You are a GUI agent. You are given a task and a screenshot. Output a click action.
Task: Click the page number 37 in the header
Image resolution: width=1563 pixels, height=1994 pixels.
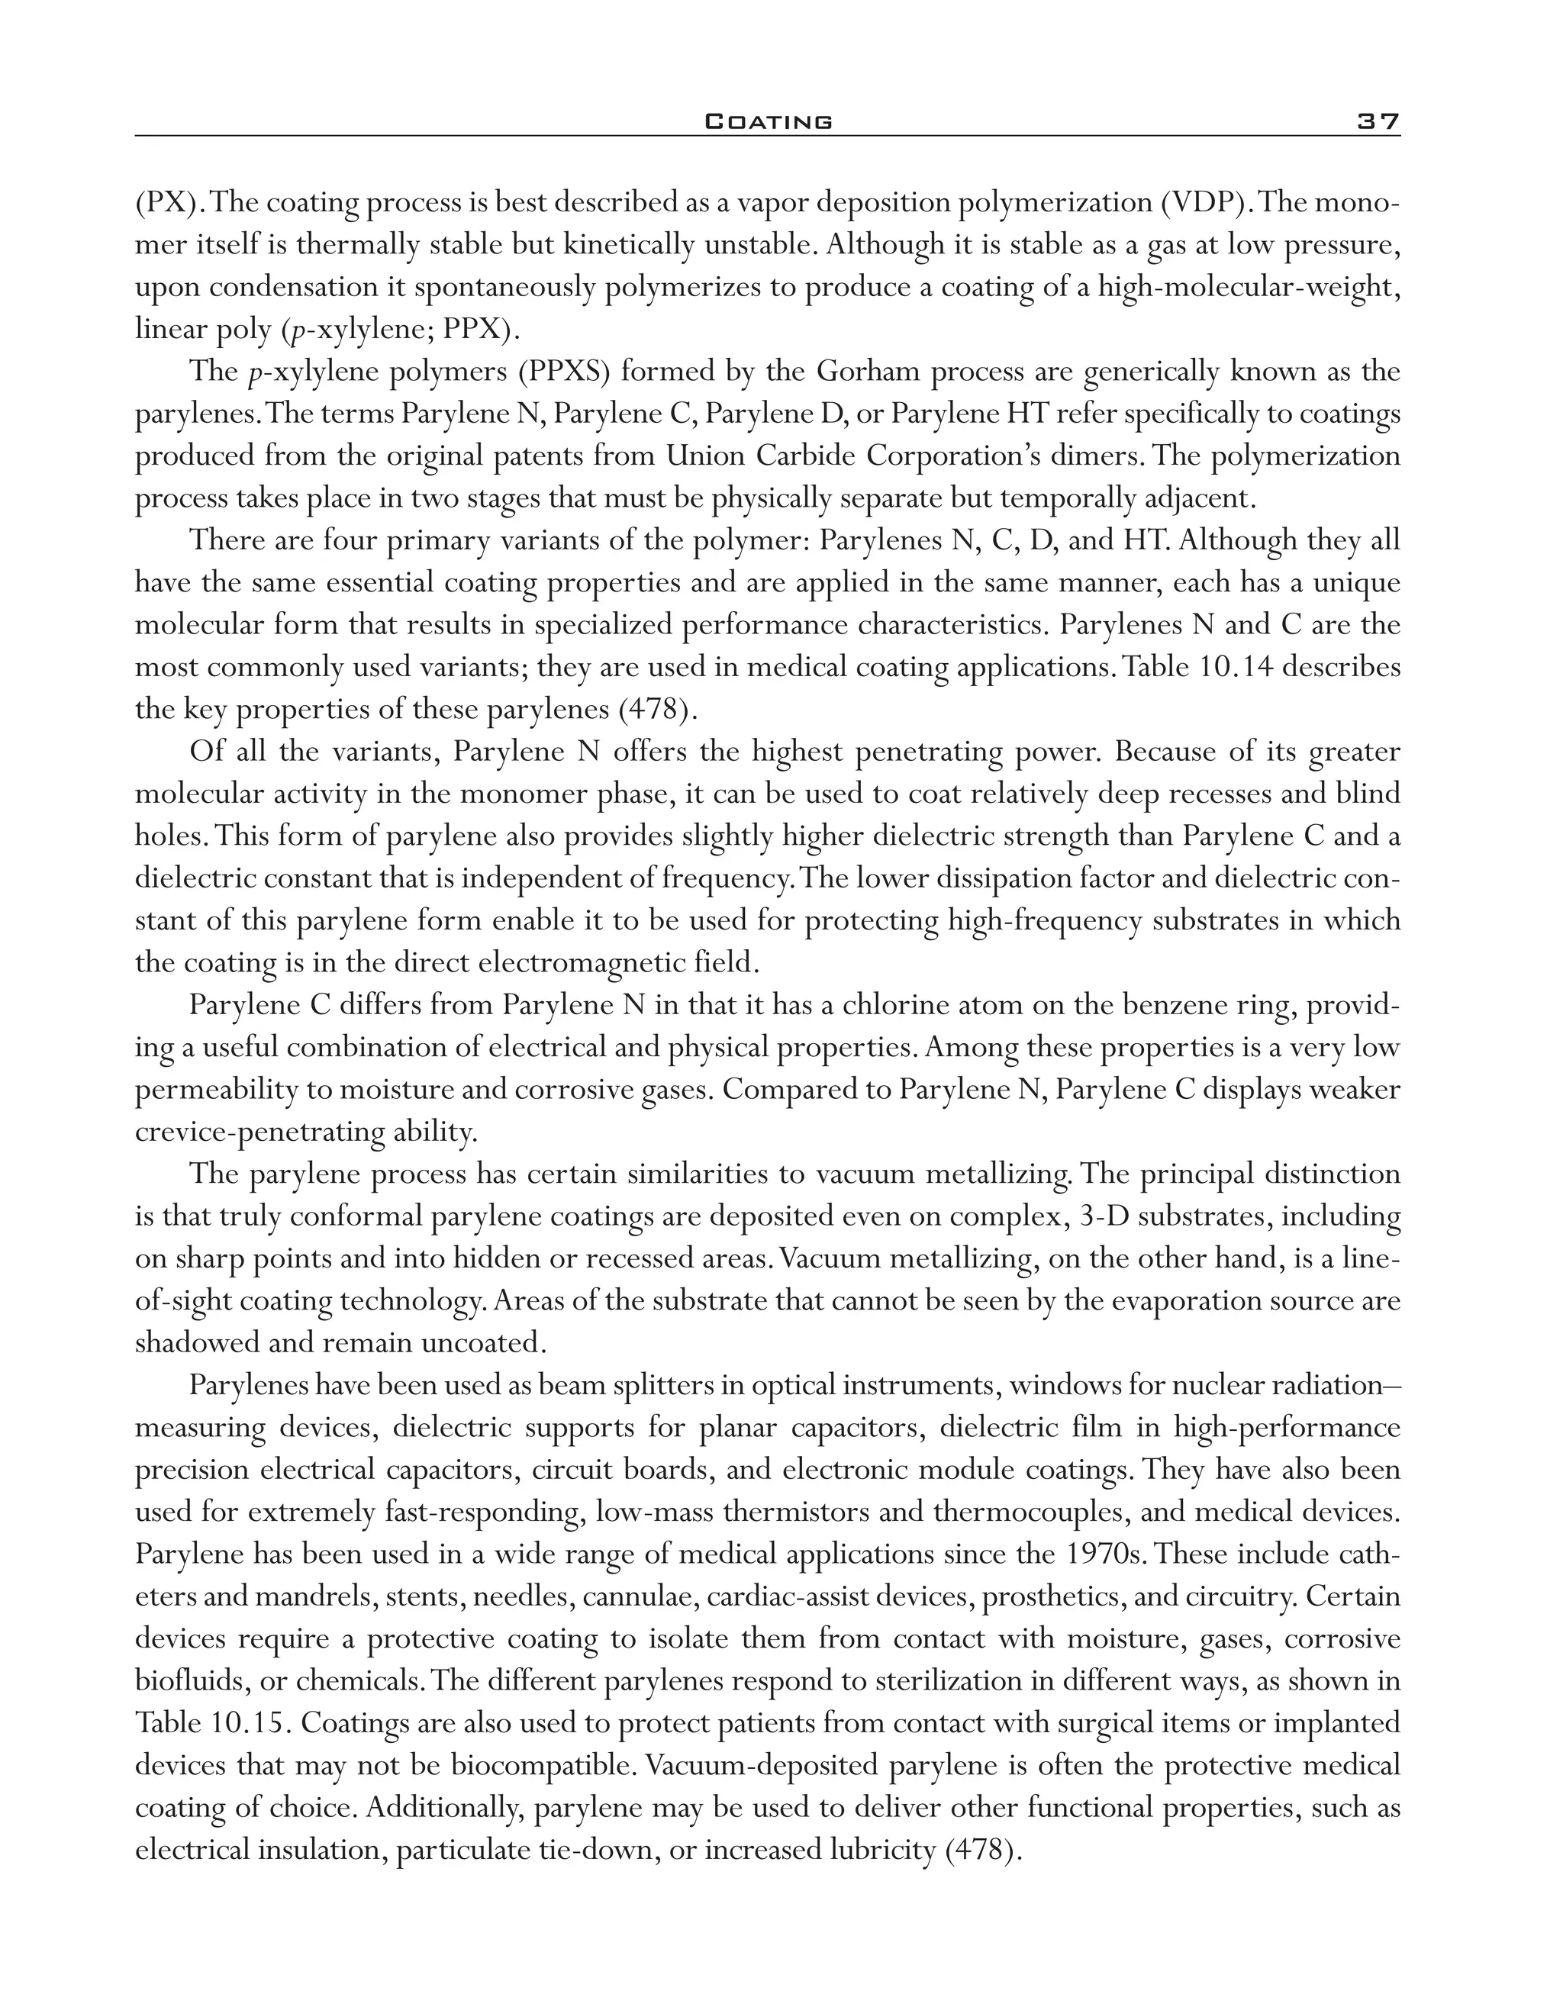tap(1378, 121)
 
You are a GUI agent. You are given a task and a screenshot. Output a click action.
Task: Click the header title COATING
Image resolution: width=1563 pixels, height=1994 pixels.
tap(769, 121)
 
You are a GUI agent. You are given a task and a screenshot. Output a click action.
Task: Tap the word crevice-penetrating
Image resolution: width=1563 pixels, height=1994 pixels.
tap(259, 1132)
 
